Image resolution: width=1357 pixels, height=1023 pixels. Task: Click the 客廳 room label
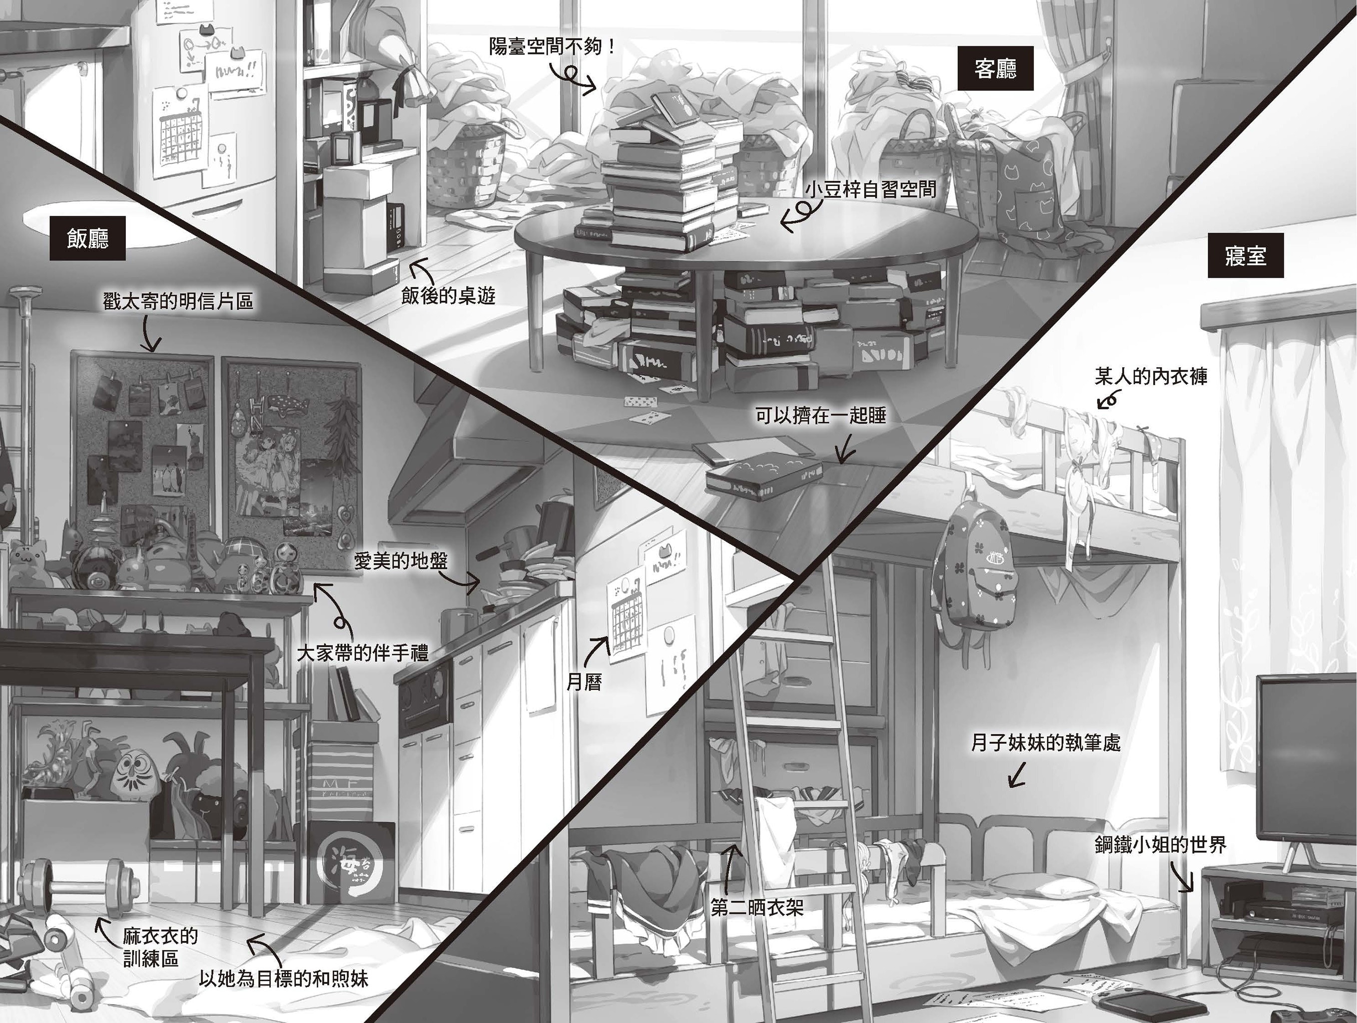tap(995, 68)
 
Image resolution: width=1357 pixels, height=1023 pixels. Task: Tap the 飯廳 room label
tap(88, 238)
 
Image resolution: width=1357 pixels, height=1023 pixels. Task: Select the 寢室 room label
tap(1246, 255)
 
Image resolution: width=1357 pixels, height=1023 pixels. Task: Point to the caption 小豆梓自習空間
tap(870, 189)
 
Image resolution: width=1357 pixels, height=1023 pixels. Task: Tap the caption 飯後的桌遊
tap(449, 296)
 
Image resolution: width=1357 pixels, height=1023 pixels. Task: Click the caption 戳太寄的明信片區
tap(178, 301)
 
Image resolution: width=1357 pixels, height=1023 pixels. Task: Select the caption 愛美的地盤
tap(401, 560)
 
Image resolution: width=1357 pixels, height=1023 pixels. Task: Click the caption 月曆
tap(584, 681)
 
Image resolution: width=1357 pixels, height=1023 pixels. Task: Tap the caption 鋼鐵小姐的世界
tap(1161, 845)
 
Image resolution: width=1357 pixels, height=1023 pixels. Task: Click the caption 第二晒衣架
tap(757, 907)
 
